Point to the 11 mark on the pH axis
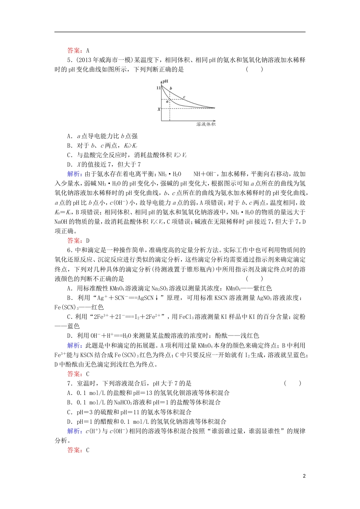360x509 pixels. pyautogui.click(x=158, y=87)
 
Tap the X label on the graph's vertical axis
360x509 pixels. pyautogui.click(x=159, y=109)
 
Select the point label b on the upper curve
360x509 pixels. pyautogui.click(x=171, y=88)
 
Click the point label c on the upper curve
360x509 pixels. pyautogui.click(x=184, y=97)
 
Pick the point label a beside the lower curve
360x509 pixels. pyautogui.click(x=167, y=101)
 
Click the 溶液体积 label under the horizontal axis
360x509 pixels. pyautogui.click(x=206, y=124)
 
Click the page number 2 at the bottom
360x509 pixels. pyautogui.click(x=304, y=476)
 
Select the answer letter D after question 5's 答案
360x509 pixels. pyautogui.click(x=88, y=240)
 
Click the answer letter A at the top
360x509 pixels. pyautogui.click(x=88, y=50)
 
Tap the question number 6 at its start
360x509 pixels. pyautogui.click(x=69, y=250)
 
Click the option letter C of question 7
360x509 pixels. pyautogui.click(x=69, y=412)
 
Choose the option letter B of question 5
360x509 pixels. pyautogui.click(x=69, y=145)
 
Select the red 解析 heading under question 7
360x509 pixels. pyautogui.click(x=74, y=431)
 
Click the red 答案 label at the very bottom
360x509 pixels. pyautogui.click(x=74, y=450)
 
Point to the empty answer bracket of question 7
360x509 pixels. pyautogui.click(x=293, y=383)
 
